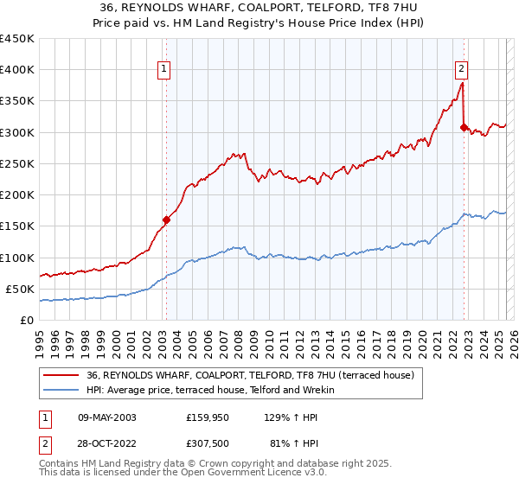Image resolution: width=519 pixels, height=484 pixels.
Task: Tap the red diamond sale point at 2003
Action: click(x=166, y=220)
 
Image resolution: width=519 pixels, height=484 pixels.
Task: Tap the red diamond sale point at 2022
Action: click(x=464, y=128)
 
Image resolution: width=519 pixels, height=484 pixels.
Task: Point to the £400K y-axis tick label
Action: click(x=17, y=70)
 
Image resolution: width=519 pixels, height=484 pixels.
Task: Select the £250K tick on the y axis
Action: click(x=17, y=163)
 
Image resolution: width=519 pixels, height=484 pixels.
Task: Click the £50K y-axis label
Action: click(x=21, y=289)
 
